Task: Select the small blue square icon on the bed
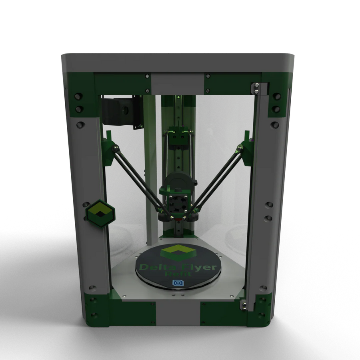point(177,283)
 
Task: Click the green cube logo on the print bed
point(177,252)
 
